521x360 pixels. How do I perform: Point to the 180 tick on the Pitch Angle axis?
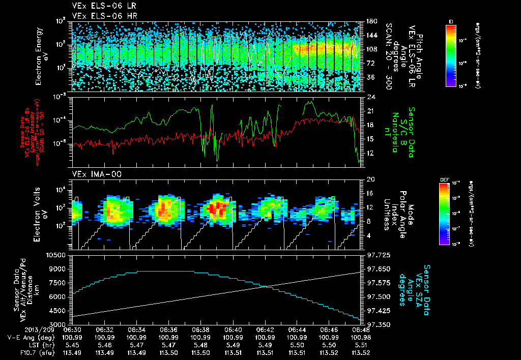[370, 21]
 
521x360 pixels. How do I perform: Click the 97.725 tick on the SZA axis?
[377, 254]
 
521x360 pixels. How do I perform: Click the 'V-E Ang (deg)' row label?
[27, 337]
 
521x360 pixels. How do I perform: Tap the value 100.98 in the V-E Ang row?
[361, 337]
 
